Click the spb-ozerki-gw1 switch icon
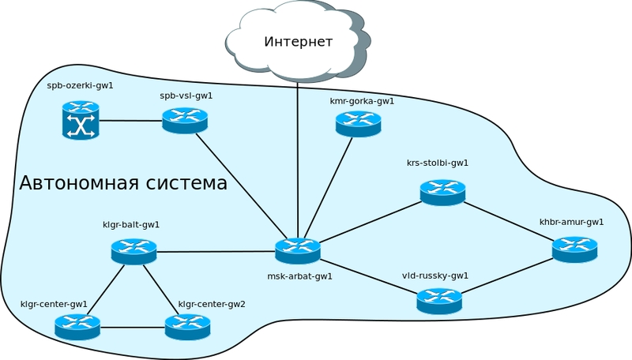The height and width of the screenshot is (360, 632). [x=81, y=122]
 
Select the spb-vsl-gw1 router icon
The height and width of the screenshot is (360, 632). [x=185, y=120]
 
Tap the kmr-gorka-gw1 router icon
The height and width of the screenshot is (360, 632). [x=358, y=123]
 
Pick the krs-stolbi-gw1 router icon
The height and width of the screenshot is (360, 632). [x=442, y=192]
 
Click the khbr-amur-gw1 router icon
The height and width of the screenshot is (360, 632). [x=574, y=249]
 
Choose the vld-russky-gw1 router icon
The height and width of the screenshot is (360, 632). [x=438, y=300]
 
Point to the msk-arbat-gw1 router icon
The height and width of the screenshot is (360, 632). [x=298, y=250]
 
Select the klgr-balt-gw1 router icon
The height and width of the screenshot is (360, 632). [x=134, y=251]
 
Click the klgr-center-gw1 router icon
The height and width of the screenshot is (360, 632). [x=77, y=325]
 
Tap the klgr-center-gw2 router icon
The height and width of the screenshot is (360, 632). [x=187, y=325]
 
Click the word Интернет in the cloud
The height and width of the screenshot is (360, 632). [x=298, y=42]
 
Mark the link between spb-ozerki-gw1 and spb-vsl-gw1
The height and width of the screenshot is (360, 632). [x=130, y=121]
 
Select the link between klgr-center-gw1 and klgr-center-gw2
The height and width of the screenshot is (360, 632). [x=132, y=327]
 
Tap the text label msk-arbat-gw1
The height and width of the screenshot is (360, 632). [x=300, y=276]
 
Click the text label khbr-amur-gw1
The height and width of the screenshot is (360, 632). [x=571, y=222]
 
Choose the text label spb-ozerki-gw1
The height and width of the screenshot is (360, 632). [x=81, y=85]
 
